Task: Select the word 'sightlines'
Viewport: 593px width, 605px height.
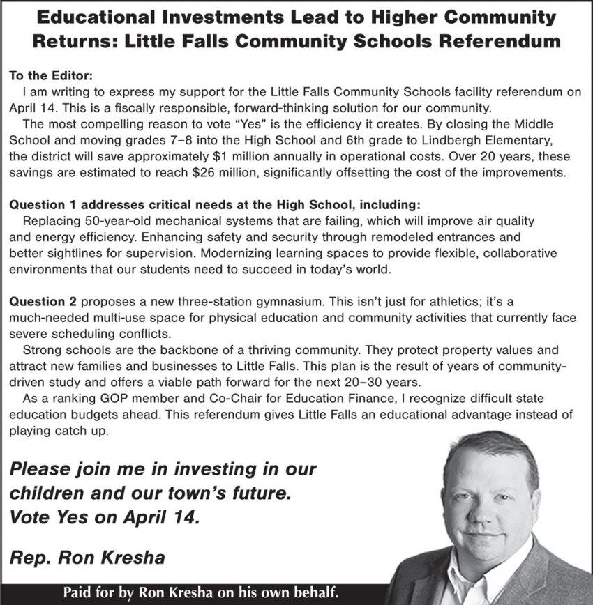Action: [73, 253]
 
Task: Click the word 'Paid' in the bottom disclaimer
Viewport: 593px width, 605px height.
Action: [78, 593]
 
